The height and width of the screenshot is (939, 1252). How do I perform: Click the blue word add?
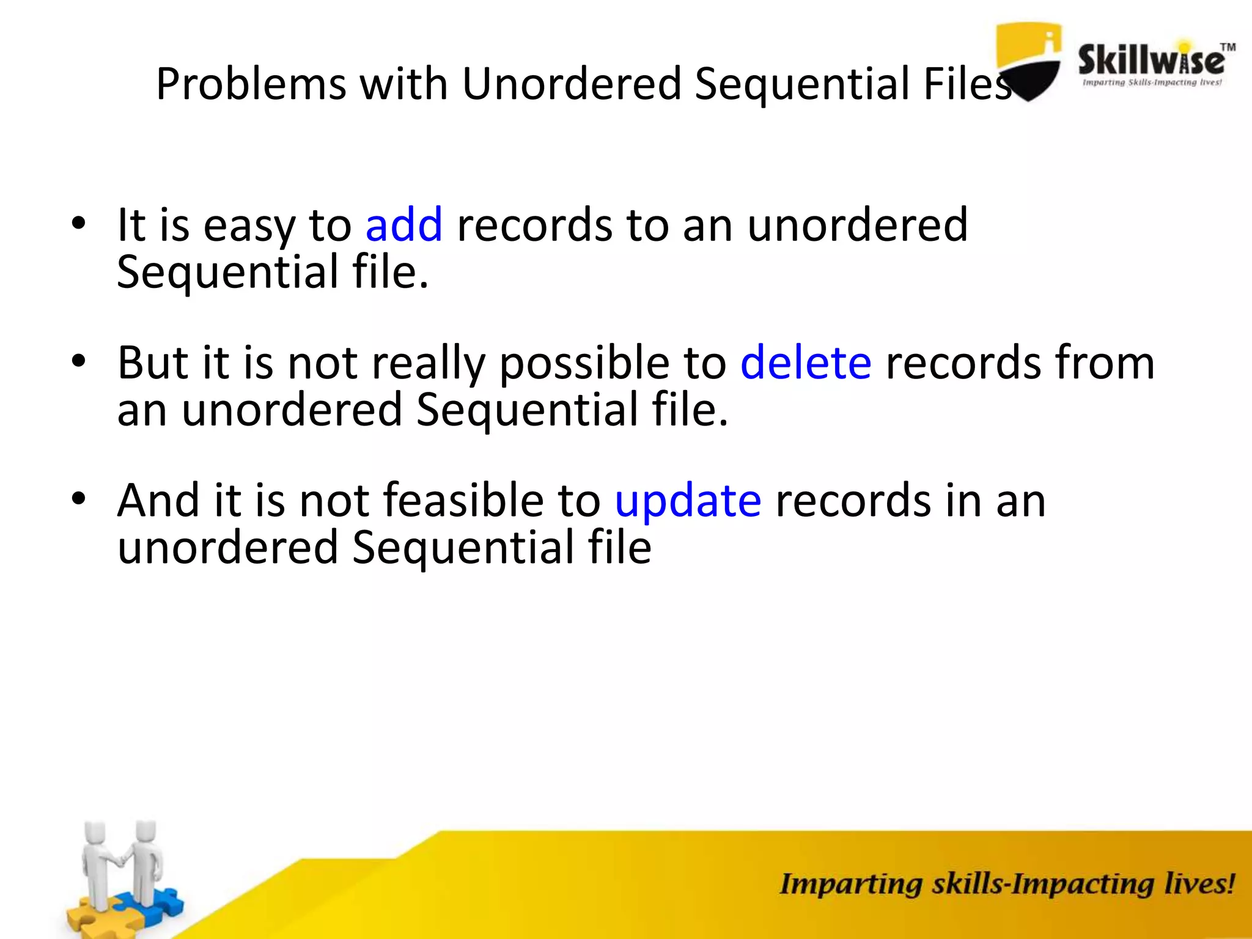coord(403,225)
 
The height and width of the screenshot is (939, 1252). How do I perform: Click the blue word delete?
coord(805,363)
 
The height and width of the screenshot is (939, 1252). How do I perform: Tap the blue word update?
coord(687,501)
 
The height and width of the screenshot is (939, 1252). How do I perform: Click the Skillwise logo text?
coord(1151,61)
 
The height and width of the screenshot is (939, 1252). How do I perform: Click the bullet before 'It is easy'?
coord(78,224)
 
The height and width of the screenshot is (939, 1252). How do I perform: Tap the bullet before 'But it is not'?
coord(78,361)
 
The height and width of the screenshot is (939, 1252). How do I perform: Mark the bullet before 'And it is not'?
coord(78,499)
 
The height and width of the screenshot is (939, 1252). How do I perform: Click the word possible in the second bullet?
coord(584,364)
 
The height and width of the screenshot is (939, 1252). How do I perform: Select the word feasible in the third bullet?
coord(463,501)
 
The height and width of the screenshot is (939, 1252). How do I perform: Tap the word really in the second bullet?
coord(428,364)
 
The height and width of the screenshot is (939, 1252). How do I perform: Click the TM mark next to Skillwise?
coord(1228,48)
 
